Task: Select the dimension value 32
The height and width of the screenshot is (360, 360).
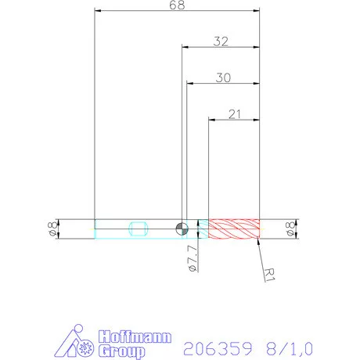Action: point(220,41)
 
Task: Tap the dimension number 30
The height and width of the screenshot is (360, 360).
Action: point(222,77)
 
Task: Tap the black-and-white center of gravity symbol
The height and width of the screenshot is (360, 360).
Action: point(182,228)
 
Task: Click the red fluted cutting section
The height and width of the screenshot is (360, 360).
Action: point(233,228)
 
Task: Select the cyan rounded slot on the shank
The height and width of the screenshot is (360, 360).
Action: point(138,228)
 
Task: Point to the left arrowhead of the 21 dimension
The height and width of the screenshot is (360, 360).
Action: point(211,120)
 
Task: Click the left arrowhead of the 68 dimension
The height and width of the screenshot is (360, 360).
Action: point(96,12)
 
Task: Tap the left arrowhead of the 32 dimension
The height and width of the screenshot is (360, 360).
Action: point(185,48)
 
